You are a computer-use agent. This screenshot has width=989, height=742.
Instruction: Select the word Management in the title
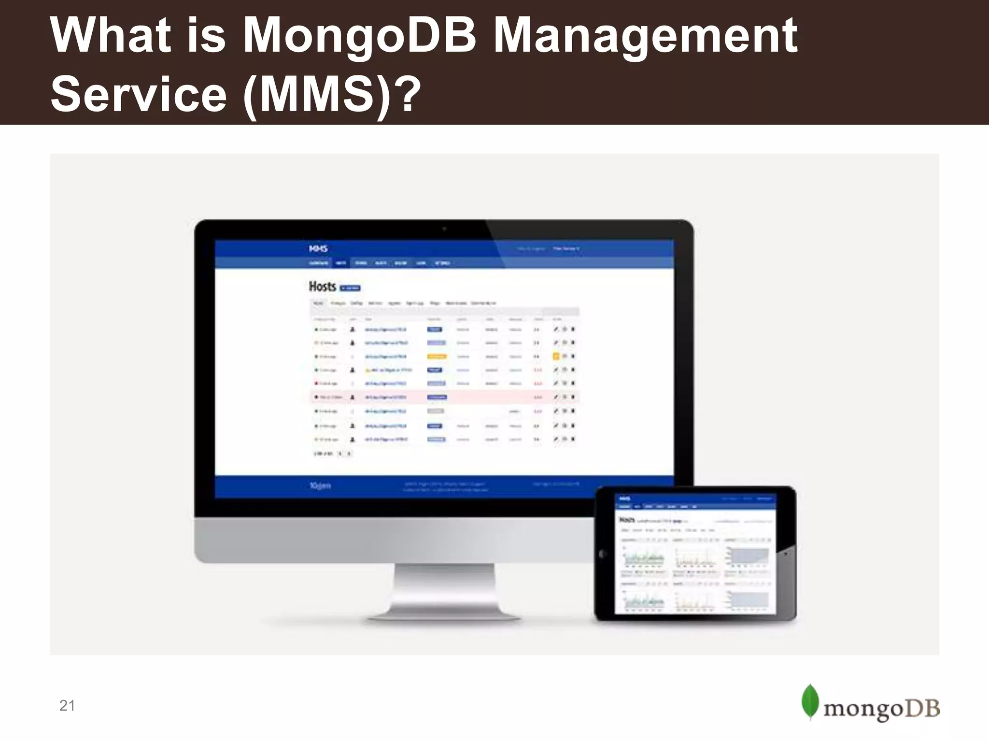point(645,35)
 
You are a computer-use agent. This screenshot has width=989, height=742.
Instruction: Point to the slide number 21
point(67,706)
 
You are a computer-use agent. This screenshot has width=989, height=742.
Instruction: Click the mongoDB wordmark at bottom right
point(881,709)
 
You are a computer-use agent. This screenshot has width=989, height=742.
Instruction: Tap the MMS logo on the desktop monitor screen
point(318,249)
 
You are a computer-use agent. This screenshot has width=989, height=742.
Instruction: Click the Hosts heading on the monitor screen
point(322,286)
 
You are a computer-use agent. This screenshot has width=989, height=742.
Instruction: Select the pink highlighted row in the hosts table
point(444,397)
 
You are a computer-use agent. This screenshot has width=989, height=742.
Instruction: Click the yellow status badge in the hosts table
point(437,357)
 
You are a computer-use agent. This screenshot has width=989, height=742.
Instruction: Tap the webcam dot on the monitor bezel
point(444,229)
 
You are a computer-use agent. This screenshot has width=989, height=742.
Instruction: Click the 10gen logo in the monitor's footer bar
point(320,485)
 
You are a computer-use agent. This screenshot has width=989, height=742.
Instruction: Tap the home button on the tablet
point(602,554)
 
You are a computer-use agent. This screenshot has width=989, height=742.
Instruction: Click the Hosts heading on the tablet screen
point(627,520)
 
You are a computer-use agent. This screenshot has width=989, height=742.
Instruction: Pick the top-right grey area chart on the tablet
point(748,557)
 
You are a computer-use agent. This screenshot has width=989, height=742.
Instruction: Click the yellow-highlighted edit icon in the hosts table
point(556,357)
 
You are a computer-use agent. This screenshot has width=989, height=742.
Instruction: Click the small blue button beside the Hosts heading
point(350,288)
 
